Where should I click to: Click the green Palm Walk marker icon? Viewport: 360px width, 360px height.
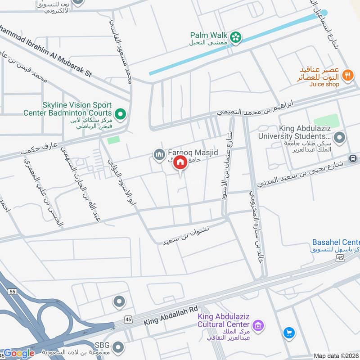235,38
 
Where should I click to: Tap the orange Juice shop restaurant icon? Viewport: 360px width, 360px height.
347,75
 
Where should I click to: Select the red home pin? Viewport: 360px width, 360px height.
180,163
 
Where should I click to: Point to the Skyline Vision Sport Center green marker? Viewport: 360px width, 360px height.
120,114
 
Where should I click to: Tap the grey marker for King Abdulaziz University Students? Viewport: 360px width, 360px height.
340,137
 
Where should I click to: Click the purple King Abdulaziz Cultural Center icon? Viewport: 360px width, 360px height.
257,325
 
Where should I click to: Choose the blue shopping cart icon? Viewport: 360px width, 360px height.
288,333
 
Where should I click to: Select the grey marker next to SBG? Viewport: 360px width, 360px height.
118,347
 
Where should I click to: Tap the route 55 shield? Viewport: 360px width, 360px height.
12,292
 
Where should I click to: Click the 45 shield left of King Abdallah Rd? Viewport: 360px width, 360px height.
128,319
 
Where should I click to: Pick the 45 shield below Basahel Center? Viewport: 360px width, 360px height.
340,257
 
